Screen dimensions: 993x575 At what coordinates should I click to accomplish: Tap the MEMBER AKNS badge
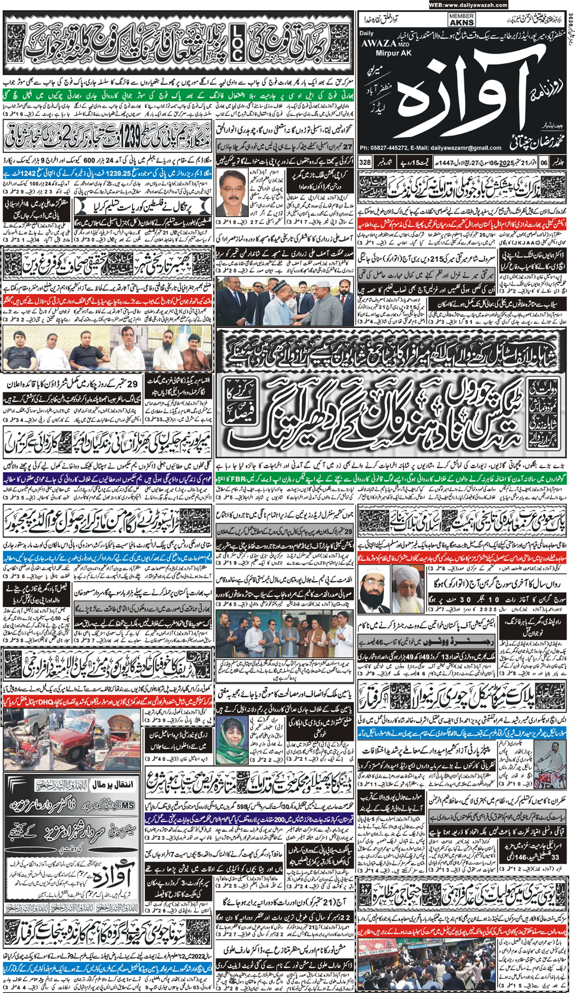(x=461, y=20)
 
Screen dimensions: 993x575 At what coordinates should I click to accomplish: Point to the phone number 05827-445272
(x=396, y=148)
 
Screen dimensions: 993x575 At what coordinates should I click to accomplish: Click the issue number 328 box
(x=365, y=162)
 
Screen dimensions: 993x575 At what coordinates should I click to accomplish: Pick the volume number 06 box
(x=543, y=162)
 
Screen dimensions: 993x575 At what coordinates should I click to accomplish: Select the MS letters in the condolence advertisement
(x=127, y=805)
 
